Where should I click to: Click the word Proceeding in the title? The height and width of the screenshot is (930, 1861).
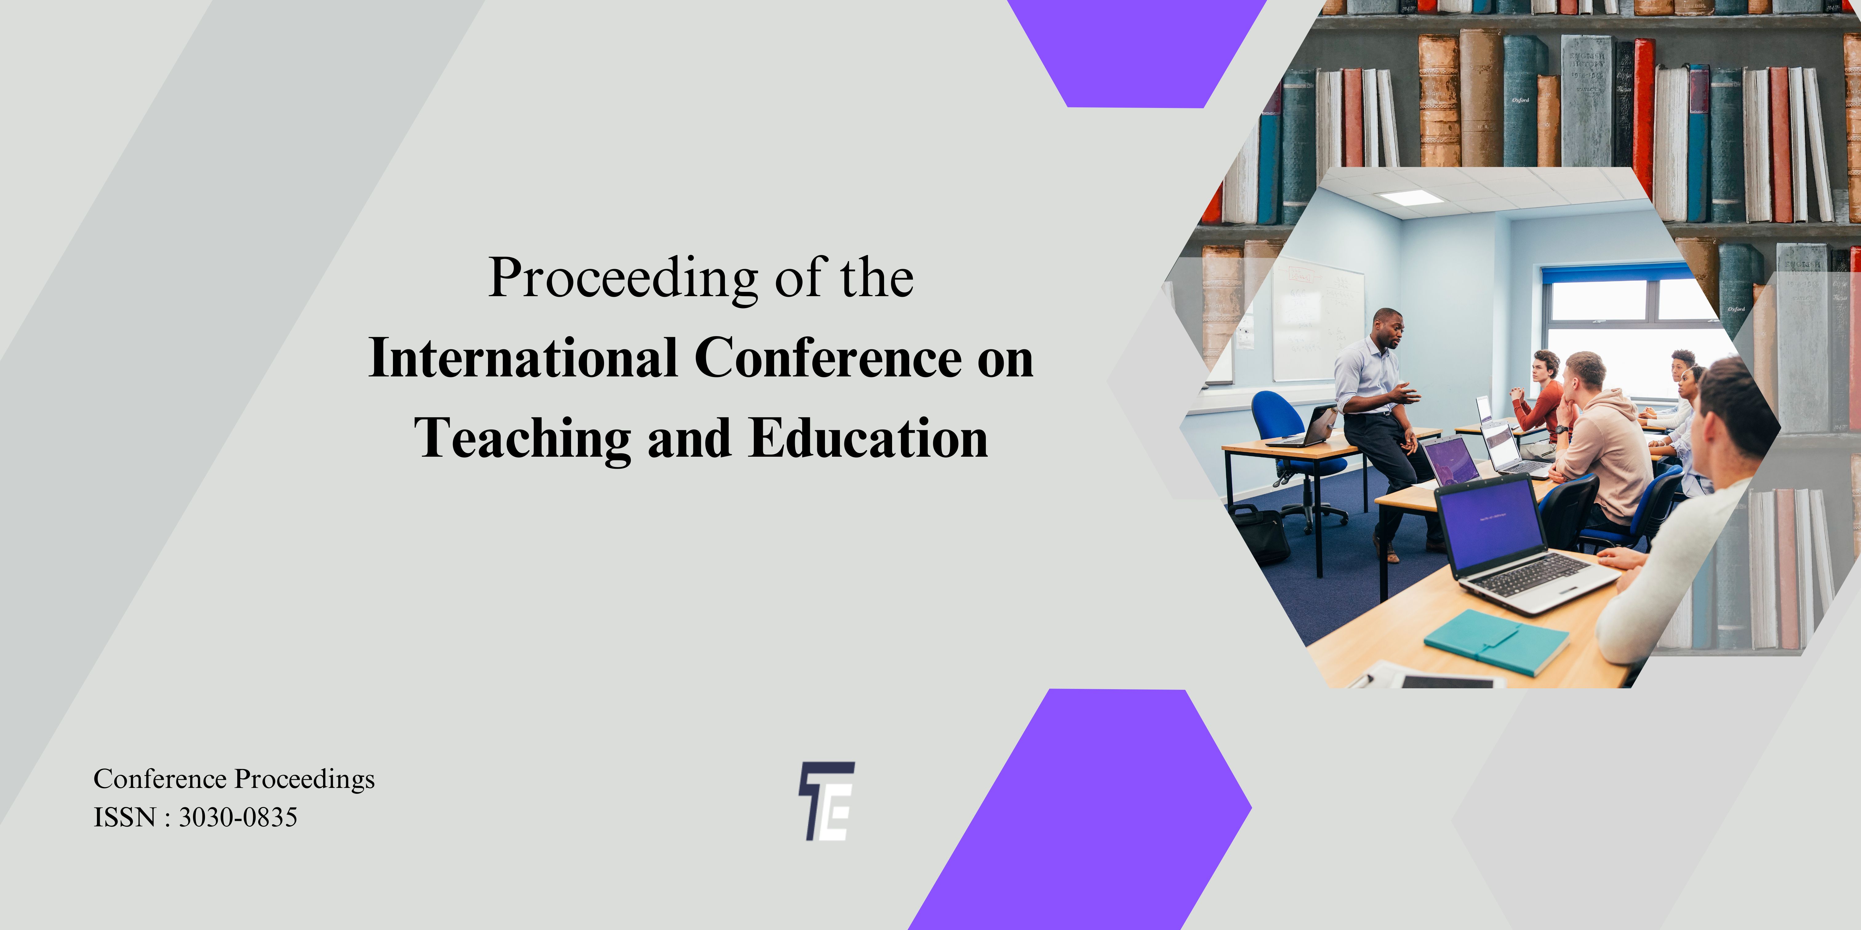(x=623, y=278)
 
